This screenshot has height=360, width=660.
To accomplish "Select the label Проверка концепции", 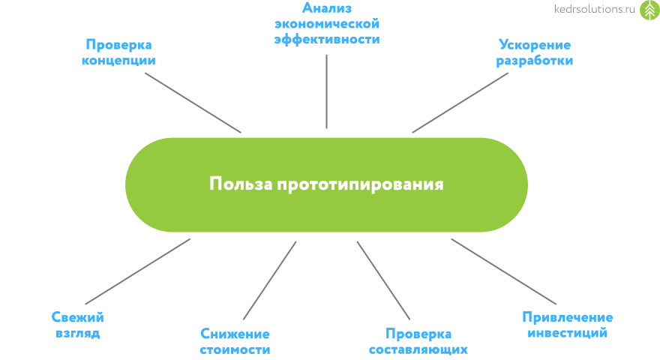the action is (120, 52).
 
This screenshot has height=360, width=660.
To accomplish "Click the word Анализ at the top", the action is (327, 8).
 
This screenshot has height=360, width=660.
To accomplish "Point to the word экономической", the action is (327, 24).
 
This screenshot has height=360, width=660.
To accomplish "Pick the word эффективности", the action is (327, 39).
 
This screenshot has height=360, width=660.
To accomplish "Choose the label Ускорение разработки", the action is (535, 52).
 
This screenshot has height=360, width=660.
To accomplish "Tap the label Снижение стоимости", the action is (235, 341).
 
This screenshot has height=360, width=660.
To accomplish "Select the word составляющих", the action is (418, 349).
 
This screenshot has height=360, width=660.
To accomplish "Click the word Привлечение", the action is (567, 317).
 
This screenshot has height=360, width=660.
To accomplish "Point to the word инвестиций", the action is (567, 333).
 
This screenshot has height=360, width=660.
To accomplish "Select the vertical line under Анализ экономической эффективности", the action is (327, 90).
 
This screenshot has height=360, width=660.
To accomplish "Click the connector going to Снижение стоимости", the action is (270, 280).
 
